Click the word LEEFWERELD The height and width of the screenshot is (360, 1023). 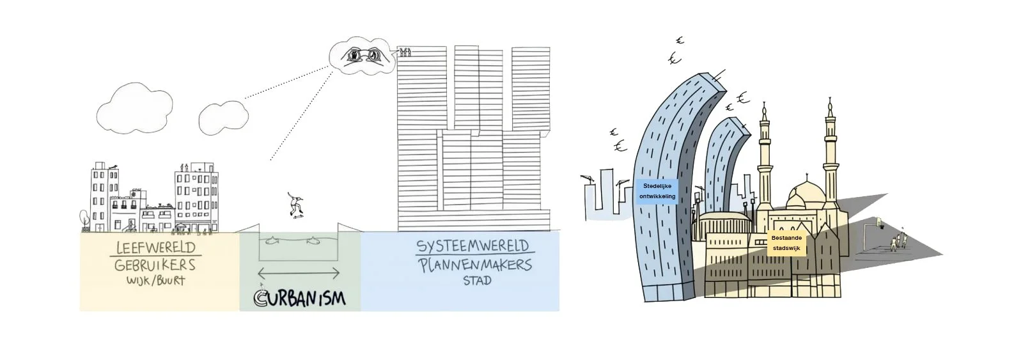156,247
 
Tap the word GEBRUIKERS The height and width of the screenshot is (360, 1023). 155,265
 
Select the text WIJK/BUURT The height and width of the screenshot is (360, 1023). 155,280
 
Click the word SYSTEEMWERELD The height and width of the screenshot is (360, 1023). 472,246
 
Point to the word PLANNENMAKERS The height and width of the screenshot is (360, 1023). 475,264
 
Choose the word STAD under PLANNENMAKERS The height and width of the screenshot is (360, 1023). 476,280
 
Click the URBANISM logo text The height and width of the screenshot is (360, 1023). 299,298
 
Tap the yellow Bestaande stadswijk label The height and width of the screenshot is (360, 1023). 786,243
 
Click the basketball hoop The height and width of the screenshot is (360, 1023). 879,223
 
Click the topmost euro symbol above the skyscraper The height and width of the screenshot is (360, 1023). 680,41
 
